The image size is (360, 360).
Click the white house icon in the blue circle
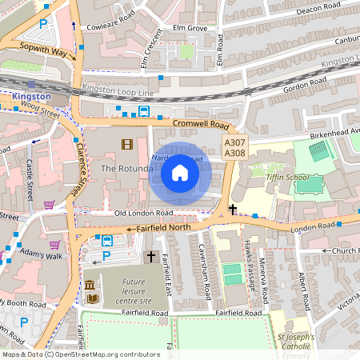pyautogui.click(x=180, y=172)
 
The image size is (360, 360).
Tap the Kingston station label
pyautogui.click(x=32, y=97)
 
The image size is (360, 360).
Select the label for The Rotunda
pyautogui.click(x=126, y=169)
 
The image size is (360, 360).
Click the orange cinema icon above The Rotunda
pyautogui.click(x=126, y=144)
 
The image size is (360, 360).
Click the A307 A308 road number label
pyautogui.click(x=235, y=147)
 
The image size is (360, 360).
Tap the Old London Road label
pyautogui.click(x=144, y=214)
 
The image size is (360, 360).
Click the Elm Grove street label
pyautogui.click(x=185, y=28)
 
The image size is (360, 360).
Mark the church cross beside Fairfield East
pyautogui.click(x=150, y=256)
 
